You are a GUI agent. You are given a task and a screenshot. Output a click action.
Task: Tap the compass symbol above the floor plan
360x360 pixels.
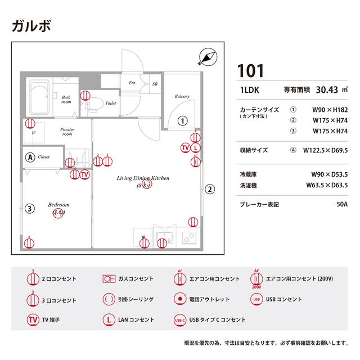[207, 56]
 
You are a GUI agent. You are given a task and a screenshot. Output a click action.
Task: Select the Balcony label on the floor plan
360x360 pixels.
[182, 97]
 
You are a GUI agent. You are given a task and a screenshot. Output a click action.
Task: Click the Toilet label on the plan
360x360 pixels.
[111, 103]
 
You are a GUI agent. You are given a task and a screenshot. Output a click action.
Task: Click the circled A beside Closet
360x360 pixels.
[30, 157]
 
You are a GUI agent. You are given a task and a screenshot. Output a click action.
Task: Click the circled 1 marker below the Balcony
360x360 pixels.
[182, 120]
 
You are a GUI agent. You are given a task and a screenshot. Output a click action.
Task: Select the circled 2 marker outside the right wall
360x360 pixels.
[209, 188]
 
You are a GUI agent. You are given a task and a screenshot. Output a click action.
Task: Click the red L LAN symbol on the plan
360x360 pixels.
[195, 148]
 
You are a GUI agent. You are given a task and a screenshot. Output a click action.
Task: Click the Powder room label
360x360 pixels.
[67, 132]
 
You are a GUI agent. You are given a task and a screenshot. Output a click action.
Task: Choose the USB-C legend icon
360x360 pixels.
[180, 319]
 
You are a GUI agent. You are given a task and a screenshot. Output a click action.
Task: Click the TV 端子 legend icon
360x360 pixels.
[33, 319]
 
